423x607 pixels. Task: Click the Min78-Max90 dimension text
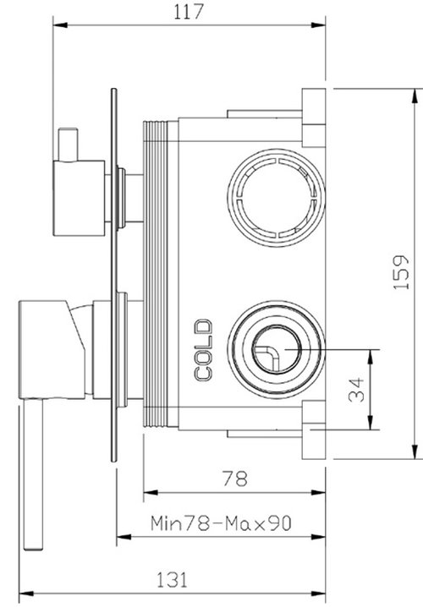[221, 524]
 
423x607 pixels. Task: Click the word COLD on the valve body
[204, 349]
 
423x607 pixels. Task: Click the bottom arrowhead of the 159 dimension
[415, 453]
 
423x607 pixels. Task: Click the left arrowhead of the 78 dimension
[149, 492]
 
